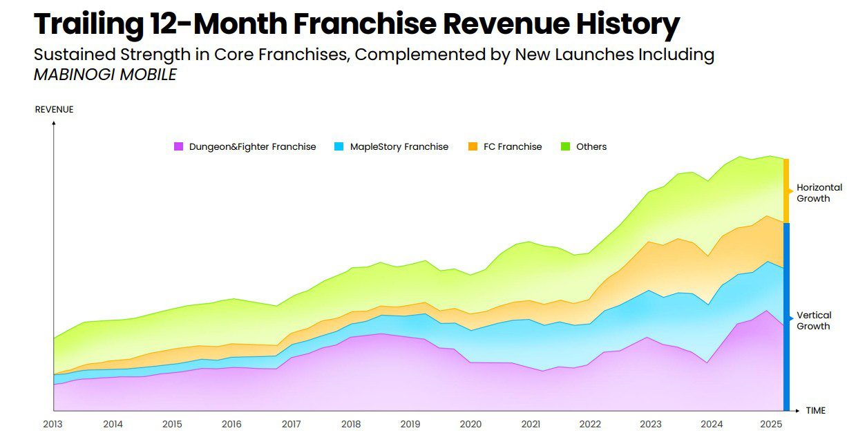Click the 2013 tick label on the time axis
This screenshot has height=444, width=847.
54,424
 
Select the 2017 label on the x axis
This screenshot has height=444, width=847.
292,424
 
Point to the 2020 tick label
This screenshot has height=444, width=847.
470,424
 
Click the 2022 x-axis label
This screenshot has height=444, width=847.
590,424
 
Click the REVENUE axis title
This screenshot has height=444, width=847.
54,109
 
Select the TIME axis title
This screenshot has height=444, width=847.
815,411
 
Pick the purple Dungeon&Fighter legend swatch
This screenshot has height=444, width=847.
179,146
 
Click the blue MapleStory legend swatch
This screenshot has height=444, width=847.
339,146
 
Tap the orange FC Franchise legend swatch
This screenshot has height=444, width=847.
473,146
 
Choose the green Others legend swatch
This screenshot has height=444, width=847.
566,146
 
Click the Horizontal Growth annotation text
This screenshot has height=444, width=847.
819,193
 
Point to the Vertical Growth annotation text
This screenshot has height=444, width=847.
814,320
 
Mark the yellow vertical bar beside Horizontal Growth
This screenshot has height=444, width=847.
786,191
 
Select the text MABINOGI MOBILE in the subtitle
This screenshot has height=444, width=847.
105,75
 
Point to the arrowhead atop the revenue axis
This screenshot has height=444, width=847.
53,123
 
